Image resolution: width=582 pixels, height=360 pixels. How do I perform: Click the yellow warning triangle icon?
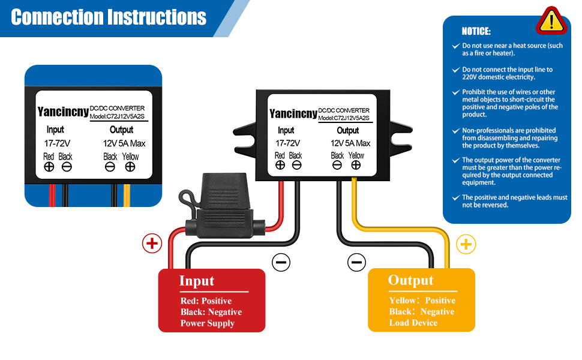tap(551, 21)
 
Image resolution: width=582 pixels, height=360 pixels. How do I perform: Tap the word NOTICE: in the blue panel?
tap(476, 32)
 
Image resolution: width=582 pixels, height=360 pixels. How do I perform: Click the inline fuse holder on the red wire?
tap(222, 206)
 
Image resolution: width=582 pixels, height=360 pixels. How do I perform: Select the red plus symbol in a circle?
tap(152, 244)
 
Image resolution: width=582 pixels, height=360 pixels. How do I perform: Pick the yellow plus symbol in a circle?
tap(466, 244)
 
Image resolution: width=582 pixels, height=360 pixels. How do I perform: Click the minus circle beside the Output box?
tap(356, 262)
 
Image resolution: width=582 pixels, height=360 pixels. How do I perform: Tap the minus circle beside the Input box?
tap(281, 262)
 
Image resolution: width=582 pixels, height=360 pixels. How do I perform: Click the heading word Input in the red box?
tap(197, 281)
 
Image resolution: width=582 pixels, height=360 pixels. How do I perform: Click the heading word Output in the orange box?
tap(410, 280)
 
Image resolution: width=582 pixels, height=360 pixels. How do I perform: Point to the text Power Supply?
tap(208, 323)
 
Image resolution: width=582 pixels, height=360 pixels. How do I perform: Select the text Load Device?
tap(413, 323)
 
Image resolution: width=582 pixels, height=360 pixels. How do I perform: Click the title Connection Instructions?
tap(109, 17)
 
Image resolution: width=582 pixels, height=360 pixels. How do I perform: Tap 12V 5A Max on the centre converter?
tap(350, 143)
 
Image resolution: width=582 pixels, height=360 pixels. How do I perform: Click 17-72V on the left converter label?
tap(57, 143)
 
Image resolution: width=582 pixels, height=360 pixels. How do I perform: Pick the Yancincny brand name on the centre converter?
tap(293, 113)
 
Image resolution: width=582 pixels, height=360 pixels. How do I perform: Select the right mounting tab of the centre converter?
tap(401, 138)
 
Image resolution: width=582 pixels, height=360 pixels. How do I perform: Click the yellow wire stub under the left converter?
tap(127, 195)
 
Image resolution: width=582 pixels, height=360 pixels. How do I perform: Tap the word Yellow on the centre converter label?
tap(356, 155)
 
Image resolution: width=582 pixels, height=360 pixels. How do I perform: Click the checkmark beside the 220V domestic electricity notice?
tap(456, 70)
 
